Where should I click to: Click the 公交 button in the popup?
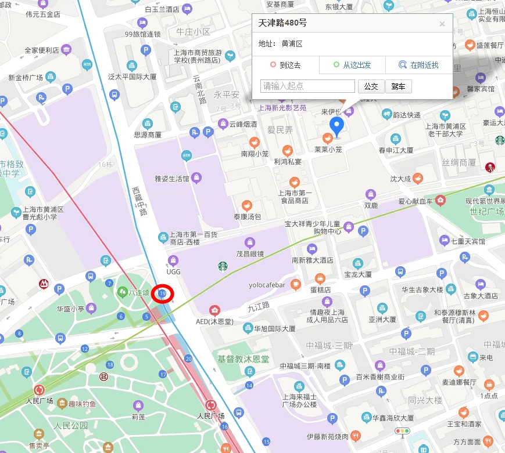pyautogui.click(x=371, y=86)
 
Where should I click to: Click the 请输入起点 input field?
pyautogui.click(x=308, y=86)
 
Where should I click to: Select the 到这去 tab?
pyautogui.click(x=286, y=65)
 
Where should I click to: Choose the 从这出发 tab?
pyautogui.click(x=352, y=65)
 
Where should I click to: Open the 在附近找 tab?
pyautogui.click(x=419, y=65)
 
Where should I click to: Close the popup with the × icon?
pyautogui.click(x=442, y=24)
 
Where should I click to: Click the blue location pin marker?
pyautogui.click(x=336, y=126)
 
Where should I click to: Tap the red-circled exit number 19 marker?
pyautogui.click(x=163, y=294)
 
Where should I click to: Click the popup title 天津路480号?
pyautogui.click(x=283, y=23)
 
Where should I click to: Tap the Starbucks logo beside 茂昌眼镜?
pyautogui.click(x=223, y=266)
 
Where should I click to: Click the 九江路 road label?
pyautogui.click(x=259, y=305)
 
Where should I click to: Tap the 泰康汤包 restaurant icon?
pyautogui.click(x=247, y=205)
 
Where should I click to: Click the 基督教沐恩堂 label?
pyautogui.click(x=243, y=359)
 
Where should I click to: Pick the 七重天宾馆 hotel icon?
pyautogui.click(x=445, y=240)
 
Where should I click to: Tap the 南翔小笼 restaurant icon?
pyautogui.click(x=254, y=142)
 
